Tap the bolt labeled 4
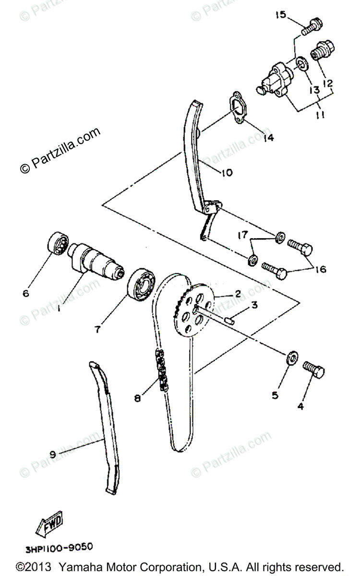(x=313, y=371)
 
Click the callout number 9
(x=52, y=454)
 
